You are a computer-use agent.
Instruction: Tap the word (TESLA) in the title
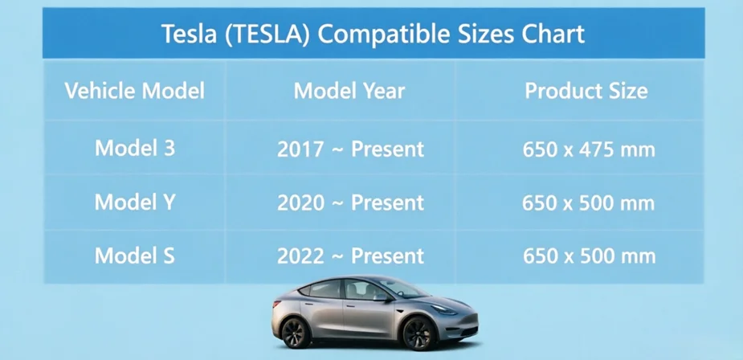267,34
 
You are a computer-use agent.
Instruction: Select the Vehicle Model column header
135,91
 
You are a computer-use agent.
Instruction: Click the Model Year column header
349,91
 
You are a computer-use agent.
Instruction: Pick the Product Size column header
586,91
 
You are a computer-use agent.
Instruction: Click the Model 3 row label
135,149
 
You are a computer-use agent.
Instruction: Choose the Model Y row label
135,202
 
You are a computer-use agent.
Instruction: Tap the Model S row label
135,256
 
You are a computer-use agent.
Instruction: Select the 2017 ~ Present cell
351,149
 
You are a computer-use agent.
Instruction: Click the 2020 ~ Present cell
351,203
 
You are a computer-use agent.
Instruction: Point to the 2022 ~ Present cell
351,256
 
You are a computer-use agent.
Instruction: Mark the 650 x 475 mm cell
589,150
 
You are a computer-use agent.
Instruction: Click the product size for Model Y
589,203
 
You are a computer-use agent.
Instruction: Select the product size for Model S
589,256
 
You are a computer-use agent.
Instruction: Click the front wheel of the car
418,333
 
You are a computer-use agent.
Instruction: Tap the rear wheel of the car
296,333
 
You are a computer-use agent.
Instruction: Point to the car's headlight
443,309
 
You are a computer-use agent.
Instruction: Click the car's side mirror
381,297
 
